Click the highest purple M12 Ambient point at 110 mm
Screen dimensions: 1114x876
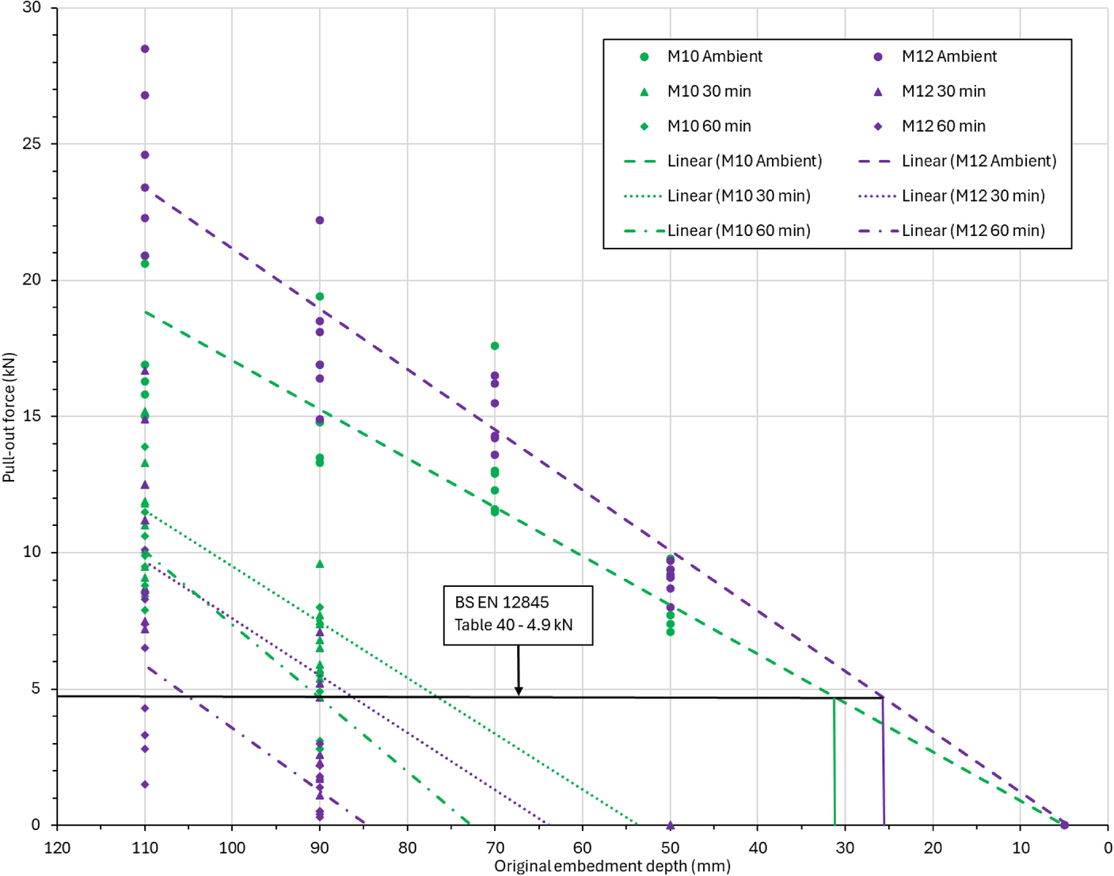tap(145, 49)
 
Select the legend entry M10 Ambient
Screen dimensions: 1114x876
tap(701, 56)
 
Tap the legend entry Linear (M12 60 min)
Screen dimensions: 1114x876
tap(952, 230)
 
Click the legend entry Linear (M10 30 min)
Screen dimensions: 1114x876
tap(717, 196)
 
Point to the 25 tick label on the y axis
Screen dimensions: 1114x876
tap(32, 143)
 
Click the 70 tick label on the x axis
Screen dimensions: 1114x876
tap(495, 847)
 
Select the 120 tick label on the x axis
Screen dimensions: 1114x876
tap(57, 847)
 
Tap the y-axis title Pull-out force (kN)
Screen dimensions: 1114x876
tap(9, 417)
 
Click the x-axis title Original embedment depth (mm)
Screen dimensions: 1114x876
tap(612, 866)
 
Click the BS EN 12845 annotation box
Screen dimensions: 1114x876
tap(518, 615)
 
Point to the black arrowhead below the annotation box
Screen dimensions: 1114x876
tap(519, 691)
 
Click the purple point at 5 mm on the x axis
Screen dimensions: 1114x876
tap(1064, 825)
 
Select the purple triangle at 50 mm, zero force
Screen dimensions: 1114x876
tap(670, 825)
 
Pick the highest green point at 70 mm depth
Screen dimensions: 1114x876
tap(495, 346)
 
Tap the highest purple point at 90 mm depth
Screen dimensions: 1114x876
tap(319, 220)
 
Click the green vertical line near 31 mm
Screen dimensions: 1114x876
tap(834, 762)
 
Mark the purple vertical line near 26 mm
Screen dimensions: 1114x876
tap(883, 762)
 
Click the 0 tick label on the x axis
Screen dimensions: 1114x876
tap(1108, 847)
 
